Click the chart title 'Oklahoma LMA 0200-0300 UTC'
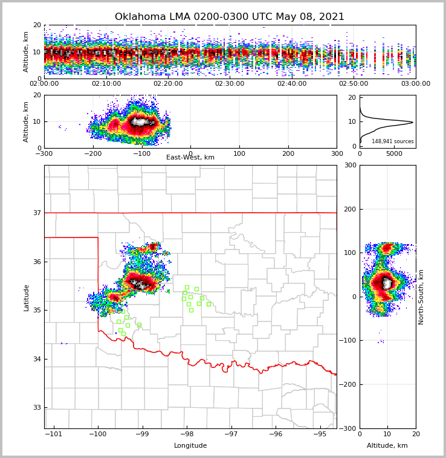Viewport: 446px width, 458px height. click(229, 17)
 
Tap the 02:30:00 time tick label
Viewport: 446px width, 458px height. click(230, 84)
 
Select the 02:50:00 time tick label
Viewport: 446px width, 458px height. click(354, 84)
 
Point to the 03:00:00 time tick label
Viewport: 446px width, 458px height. click(415, 84)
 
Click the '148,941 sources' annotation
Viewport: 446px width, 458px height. click(392, 141)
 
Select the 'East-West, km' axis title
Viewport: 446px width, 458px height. click(190, 158)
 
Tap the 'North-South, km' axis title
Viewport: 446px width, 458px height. click(421, 297)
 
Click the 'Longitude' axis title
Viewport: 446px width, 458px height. click(190, 446)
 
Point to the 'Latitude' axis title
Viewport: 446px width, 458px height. click(26, 297)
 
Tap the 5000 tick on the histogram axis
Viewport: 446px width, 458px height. click(394, 153)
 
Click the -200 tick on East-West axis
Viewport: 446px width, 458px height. click(93, 153)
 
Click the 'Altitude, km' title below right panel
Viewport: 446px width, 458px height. click(387, 446)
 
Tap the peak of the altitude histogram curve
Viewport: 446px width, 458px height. click(413, 122)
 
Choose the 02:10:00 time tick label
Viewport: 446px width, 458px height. click(106, 84)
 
